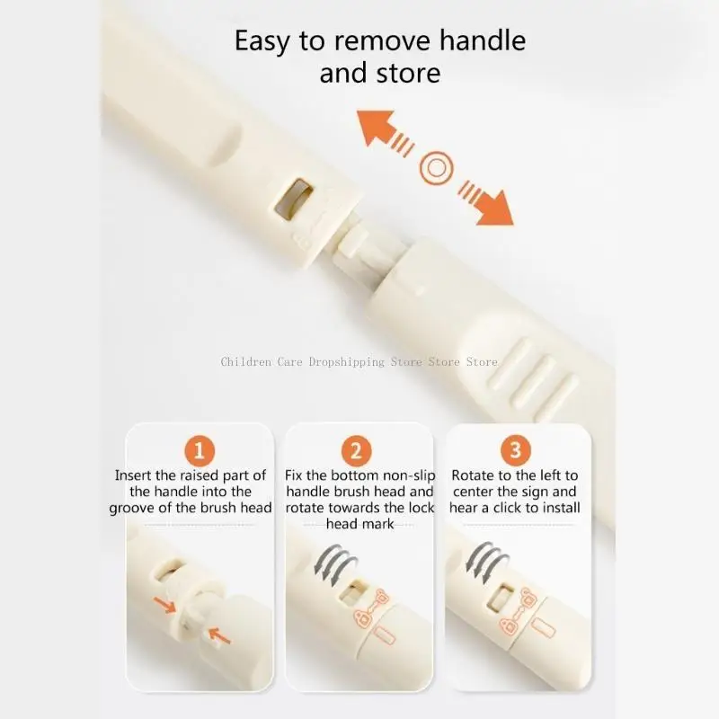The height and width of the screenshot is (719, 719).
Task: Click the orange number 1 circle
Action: click(200, 451)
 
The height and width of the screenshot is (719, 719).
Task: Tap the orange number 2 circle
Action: click(356, 451)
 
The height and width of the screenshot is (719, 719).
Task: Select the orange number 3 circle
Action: click(515, 450)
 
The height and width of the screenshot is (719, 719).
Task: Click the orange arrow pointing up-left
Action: click(385, 133)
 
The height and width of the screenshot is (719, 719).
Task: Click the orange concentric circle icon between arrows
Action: click(436, 168)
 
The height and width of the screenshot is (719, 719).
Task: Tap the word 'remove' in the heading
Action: click(382, 40)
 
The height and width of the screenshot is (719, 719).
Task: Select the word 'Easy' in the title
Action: click(262, 42)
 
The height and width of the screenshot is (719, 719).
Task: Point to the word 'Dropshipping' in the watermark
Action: click(347, 362)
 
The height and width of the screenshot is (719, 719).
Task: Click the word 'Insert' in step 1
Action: click(133, 475)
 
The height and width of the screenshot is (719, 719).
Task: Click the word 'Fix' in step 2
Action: click(294, 475)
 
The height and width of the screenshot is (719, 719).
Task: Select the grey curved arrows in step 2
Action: click(335, 565)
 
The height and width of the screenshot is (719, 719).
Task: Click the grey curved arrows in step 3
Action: click(487, 563)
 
